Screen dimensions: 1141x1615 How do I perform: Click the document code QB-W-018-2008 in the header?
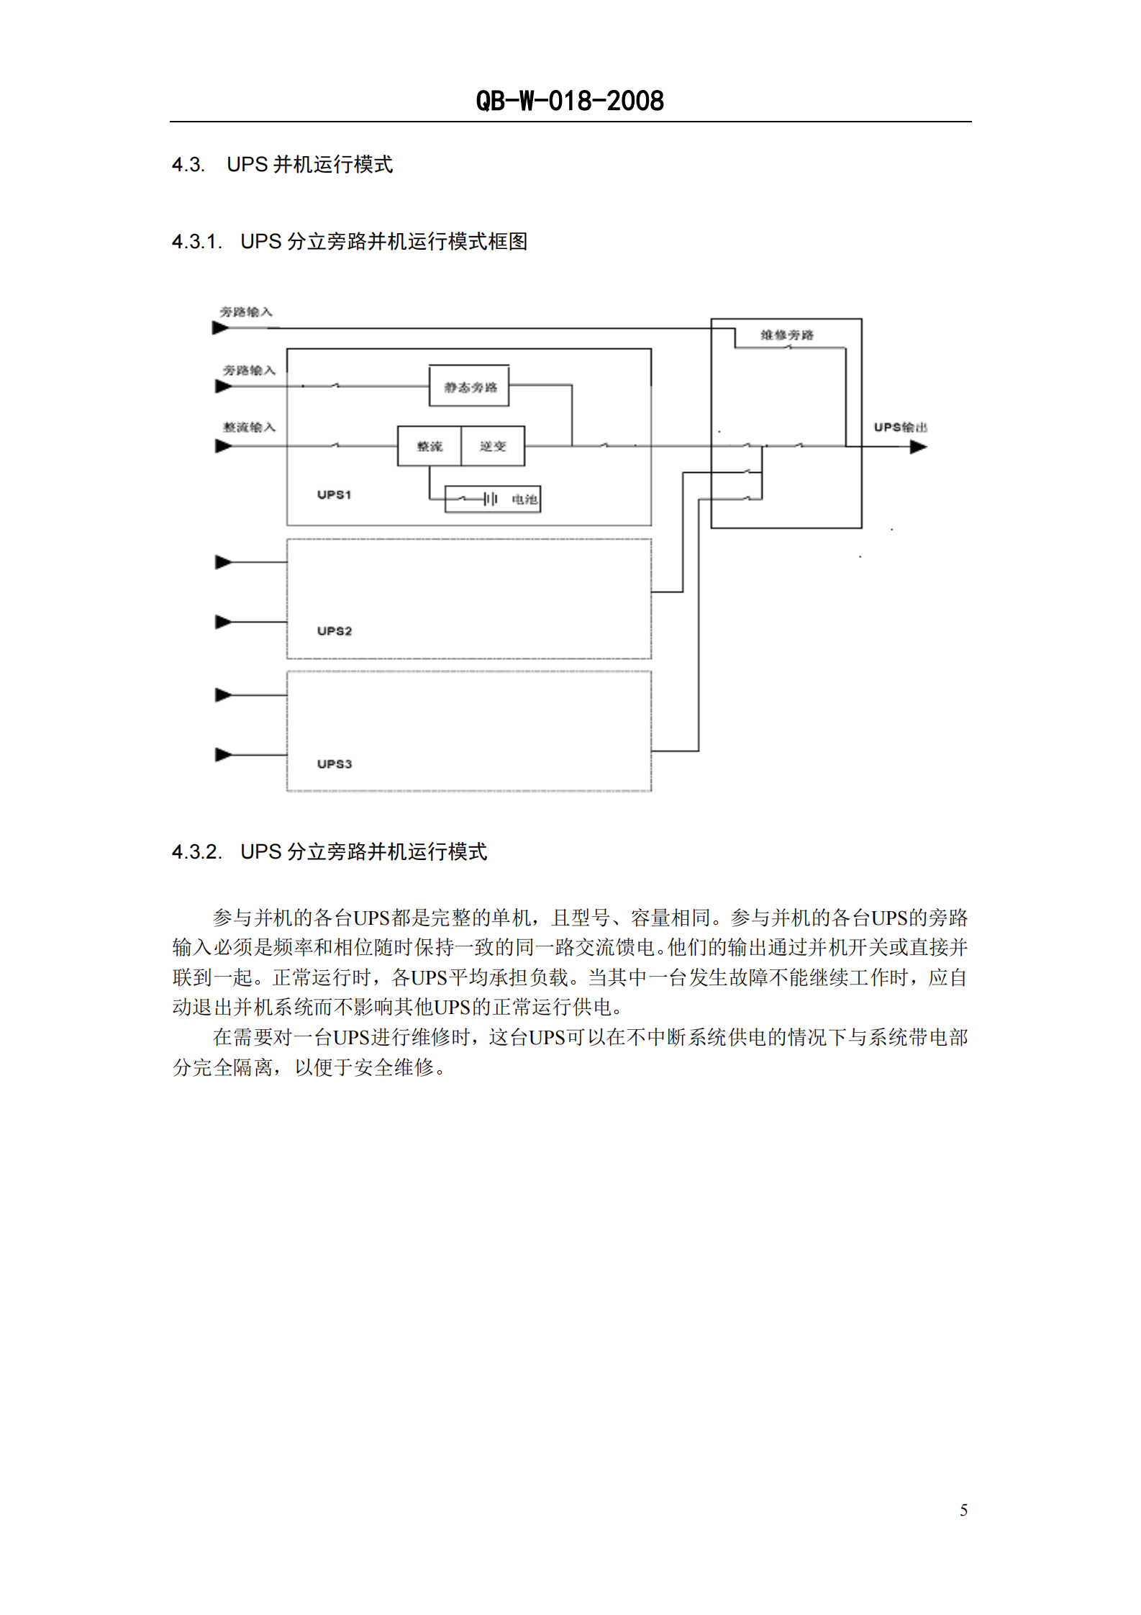coord(570,101)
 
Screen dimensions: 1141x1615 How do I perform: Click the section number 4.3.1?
coord(196,242)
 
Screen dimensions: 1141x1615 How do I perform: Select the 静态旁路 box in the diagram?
coord(470,387)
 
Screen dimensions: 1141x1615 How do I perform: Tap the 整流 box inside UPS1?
coord(429,446)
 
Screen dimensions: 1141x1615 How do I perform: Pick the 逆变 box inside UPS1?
coord(493,446)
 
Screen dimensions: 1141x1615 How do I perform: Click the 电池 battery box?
coord(493,499)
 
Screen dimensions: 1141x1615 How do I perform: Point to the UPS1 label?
coord(334,494)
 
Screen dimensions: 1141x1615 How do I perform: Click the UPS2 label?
coord(334,631)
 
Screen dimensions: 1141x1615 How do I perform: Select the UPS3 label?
coord(334,764)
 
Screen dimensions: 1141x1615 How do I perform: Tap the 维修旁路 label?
coord(787,335)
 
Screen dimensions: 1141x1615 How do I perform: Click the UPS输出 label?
coord(900,427)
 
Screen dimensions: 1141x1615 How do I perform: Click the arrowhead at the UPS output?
coord(918,447)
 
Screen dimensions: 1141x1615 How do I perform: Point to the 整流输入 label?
coord(249,427)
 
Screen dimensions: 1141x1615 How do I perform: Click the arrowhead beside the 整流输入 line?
coord(223,446)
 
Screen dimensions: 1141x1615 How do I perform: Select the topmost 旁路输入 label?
coord(246,312)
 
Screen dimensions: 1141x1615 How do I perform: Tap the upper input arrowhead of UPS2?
coord(223,562)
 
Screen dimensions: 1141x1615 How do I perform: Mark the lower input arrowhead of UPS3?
coord(223,755)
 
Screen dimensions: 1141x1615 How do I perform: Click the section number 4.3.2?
coord(196,852)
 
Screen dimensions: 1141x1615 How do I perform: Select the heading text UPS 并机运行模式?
coord(309,165)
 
